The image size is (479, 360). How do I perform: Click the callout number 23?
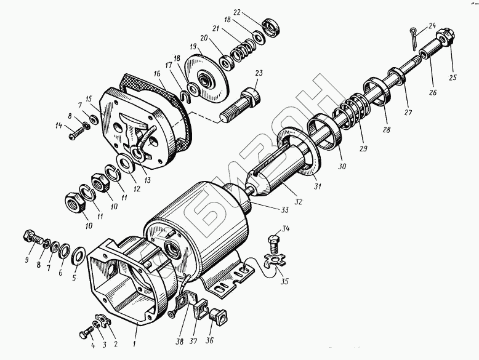pos(259,73)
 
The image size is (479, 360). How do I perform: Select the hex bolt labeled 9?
pos(31,238)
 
